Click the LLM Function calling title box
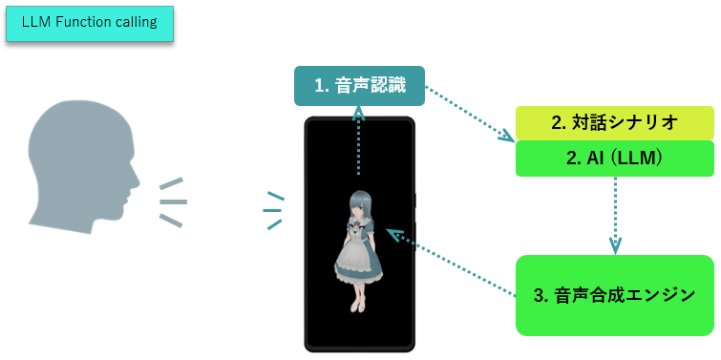click(x=90, y=23)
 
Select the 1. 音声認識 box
click(x=358, y=86)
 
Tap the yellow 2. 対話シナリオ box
click(x=614, y=122)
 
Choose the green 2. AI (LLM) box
click(x=614, y=158)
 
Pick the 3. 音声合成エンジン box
click(x=614, y=295)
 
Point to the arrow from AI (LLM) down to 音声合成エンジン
click(x=615, y=215)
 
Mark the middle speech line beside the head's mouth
click(x=173, y=201)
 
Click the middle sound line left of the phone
click(x=273, y=210)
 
